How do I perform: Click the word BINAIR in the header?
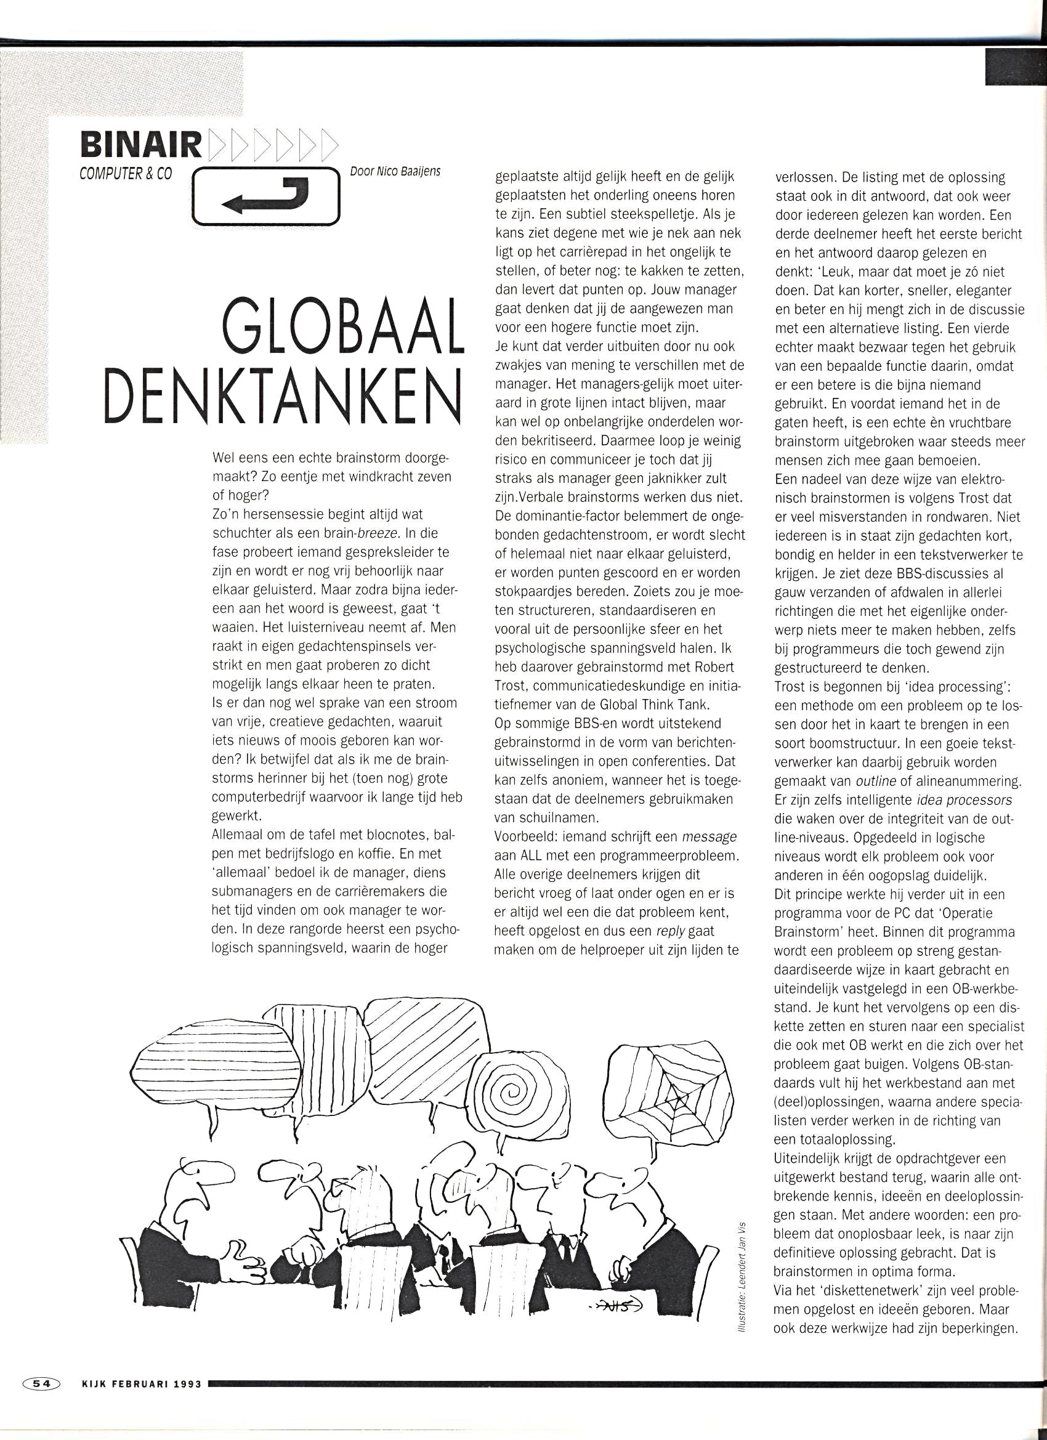pos(140,145)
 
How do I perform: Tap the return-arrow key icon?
pos(266,196)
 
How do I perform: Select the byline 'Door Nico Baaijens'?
pos(395,171)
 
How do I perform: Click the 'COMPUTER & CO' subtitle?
pos(126,173)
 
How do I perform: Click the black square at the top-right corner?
pos(1015,68)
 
